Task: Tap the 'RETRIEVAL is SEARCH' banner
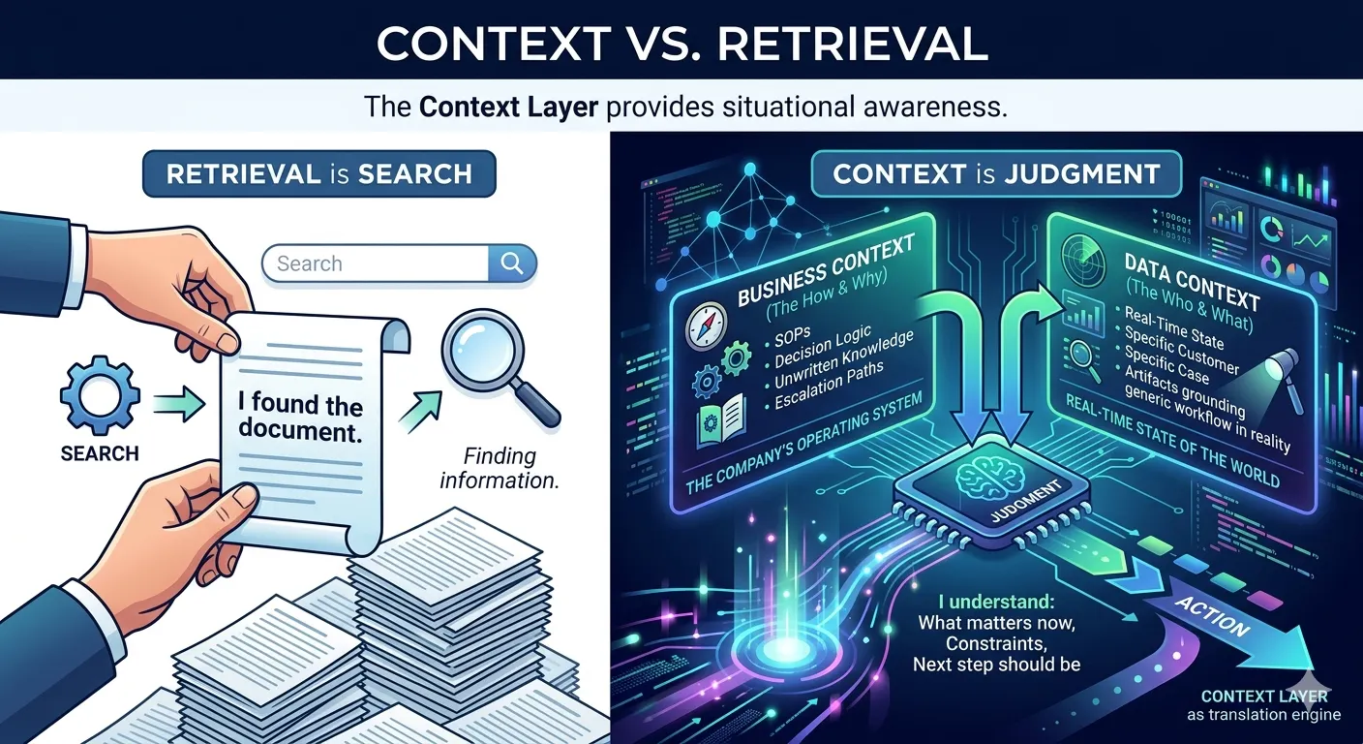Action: (x=319, y=174)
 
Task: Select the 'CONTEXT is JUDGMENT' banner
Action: (x=996, y=174)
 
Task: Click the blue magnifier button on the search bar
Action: (x=511, y=263)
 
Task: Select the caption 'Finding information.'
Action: (x=500, y=467)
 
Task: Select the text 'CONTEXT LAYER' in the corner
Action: (x=1263, y=696)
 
